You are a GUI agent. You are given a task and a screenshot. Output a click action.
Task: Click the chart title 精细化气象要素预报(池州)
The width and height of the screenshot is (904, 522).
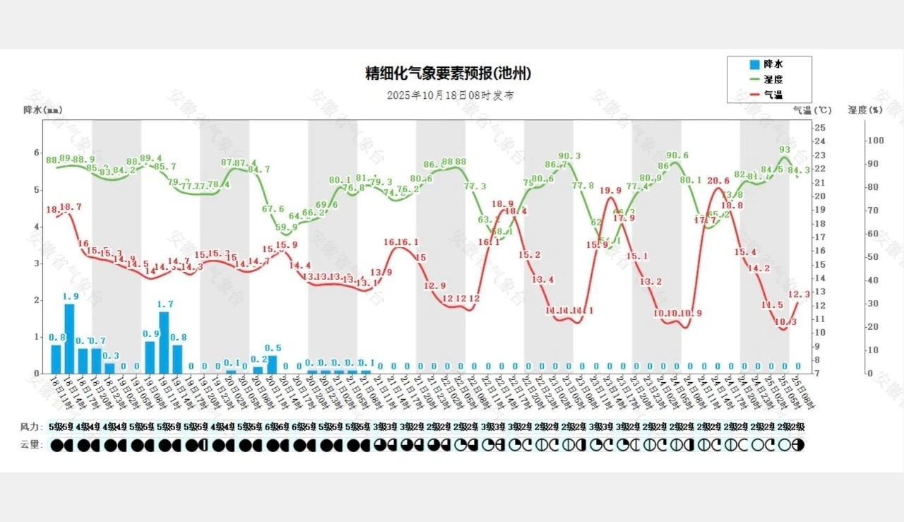pyautogui.click(x=448, y=73)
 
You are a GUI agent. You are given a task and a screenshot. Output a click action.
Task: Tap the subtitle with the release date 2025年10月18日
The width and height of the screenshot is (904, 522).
pyautogui.click(x=450, y=95)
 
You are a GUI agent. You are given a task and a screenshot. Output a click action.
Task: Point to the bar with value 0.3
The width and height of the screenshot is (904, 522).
pyautogui.click(x=109, y=367)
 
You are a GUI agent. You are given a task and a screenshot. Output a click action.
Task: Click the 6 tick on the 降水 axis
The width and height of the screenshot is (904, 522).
pyautogui.click(x=37, y=153)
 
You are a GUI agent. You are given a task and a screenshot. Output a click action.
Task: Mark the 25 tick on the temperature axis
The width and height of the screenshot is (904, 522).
pyautogui.click(x=820, y=127)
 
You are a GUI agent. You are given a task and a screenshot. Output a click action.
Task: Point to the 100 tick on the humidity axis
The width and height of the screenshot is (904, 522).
pyautogui.click(x=876, y=140)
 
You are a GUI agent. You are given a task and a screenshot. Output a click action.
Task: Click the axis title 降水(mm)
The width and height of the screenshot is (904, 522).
pyautogui.click(x=42, y=109)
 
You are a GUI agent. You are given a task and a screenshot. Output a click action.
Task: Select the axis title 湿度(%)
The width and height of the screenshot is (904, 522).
pyautogui.click(x=864, y=109)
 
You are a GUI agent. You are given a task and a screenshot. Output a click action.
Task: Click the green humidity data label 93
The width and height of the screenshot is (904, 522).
pyautogui.click(x=785, y=150)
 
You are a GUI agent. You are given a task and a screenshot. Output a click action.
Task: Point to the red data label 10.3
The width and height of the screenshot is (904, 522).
pyautogui.click(x=785, y=322)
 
